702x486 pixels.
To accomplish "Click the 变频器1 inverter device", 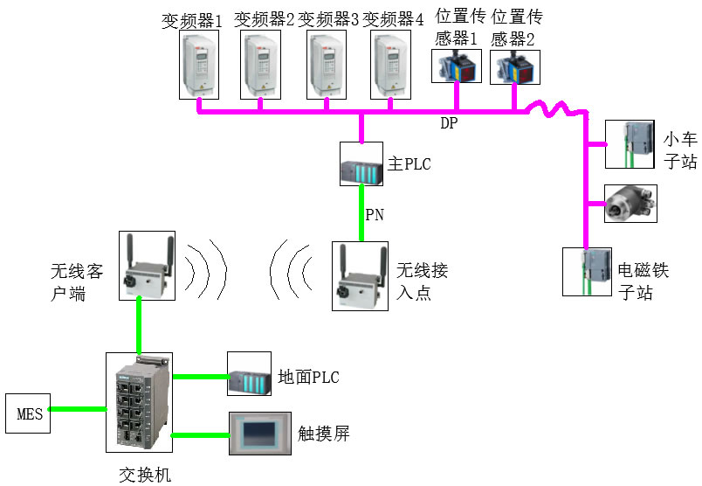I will point(200,65).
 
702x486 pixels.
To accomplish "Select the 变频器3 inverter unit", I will point(327,65).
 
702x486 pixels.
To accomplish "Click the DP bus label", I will point(448,124).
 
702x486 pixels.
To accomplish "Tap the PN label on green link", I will point(374,213).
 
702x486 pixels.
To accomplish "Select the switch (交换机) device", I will point(139,403).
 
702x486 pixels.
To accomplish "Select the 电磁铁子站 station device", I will point(588,271).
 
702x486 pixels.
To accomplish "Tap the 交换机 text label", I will point(145,474).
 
